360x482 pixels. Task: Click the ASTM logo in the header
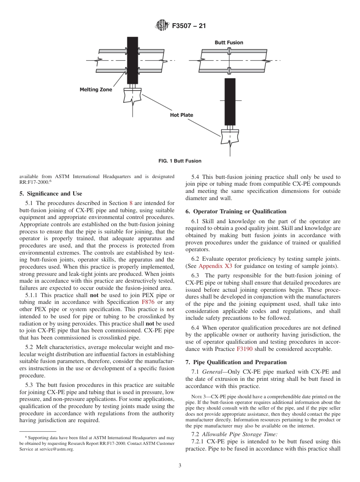coord(162,26)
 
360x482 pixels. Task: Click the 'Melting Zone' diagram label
coord(96,90)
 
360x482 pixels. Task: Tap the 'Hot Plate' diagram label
coord(181,115)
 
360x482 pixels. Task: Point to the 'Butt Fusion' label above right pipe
coord(229,42)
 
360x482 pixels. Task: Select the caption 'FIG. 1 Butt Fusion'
coord(180,161)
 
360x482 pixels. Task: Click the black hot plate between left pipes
coord(132,60)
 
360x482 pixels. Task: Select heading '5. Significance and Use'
coord(50,194)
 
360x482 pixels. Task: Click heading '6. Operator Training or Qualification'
coord(236,211)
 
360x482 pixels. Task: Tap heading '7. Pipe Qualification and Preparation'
coord(236,362)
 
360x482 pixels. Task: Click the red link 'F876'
coord(148,302)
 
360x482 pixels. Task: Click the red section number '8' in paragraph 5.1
coord(131,203)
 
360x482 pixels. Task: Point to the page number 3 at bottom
coord(180,466)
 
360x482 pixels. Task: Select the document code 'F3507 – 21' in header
coord(189,26)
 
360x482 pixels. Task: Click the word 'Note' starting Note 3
coord(197,397)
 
